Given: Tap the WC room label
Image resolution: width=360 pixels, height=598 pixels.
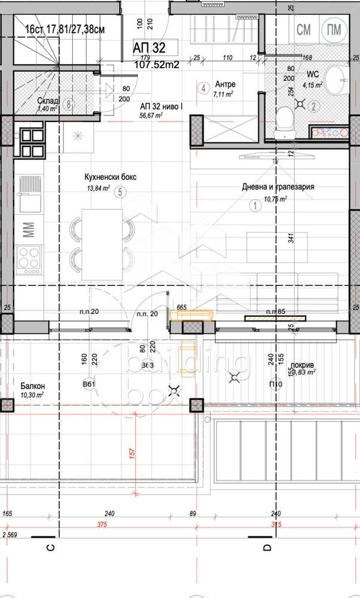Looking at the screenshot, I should coord(313,75).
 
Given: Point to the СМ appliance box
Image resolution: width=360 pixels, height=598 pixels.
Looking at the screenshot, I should coord(304,29).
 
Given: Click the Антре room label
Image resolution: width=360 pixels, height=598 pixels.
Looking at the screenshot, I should coord(225,84).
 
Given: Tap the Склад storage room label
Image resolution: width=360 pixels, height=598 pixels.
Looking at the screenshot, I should coord(47,100).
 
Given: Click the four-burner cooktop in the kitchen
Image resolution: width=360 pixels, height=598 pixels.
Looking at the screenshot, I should coord(28,258).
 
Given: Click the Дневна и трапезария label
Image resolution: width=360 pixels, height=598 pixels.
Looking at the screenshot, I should coord(278,187).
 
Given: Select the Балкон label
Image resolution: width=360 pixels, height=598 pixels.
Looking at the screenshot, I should coord(32,386).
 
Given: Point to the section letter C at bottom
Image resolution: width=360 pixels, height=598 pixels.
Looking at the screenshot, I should coord(51,547).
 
